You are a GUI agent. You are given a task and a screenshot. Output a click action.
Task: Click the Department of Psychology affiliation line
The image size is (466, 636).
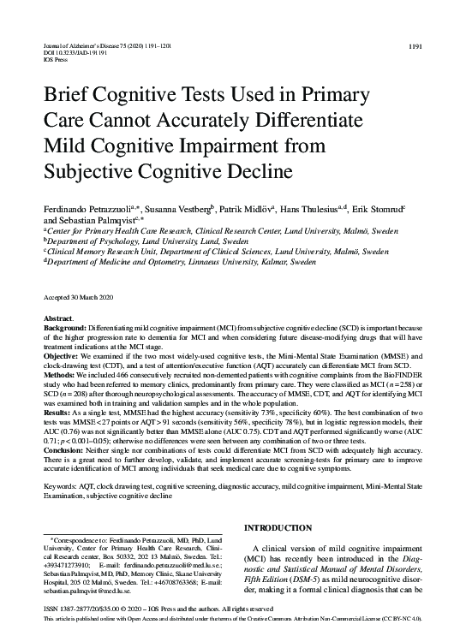coord(128,241)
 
